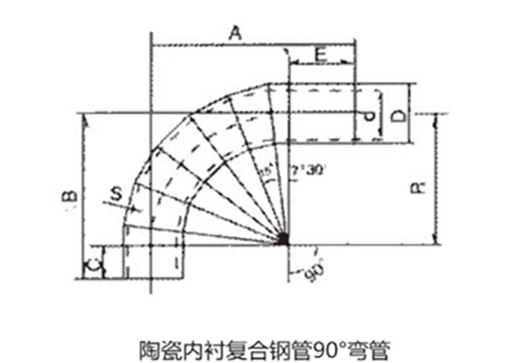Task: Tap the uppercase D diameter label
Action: (398, 116)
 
